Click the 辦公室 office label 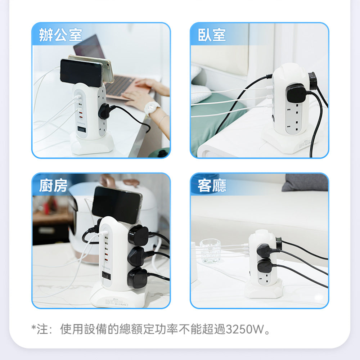60,35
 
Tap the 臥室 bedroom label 212,35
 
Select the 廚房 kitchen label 53,185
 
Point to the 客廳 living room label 212,185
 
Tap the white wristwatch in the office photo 152,107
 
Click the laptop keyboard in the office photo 120,85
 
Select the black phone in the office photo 81,73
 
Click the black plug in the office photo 104,111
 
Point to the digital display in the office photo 82,130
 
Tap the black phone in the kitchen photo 116,205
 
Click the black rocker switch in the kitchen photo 106,275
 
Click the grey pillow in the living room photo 305,183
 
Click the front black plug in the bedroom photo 296,93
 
